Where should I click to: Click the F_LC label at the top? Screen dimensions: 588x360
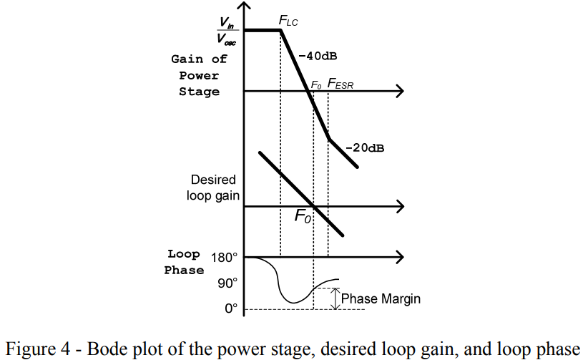[x=288, y=22]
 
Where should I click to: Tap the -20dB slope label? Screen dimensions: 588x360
[x=365, y=148]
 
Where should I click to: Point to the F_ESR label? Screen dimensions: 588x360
[x=340, y=84]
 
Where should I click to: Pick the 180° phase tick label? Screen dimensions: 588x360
[x=224, y=257]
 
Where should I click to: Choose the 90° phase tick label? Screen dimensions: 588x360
[x=227, y=283]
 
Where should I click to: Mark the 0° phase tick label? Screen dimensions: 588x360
[x=230, y=309]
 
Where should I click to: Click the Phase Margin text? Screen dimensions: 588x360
[x=381, y=298]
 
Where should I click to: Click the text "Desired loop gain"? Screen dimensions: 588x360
[x=213, y=188]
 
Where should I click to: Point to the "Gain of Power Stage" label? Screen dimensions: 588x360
[x=199, y=75]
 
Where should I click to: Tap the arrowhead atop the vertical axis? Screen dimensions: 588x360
[x=245, y=6]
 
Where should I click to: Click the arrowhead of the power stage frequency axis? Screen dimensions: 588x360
[x=399, y=91]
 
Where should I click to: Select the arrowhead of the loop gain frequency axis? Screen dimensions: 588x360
[x=399, y=207]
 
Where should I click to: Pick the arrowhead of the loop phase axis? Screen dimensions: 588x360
[x=399, y=256]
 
